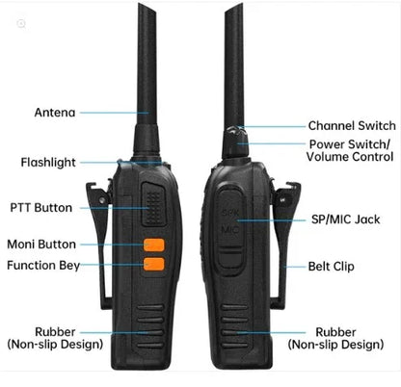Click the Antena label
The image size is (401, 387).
[x=55, y=113]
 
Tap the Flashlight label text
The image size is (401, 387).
[x=48, y=163]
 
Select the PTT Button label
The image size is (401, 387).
[x=42, y=206]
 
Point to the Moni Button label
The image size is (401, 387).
[x=41, y=245]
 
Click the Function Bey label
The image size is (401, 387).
[x=43, y=265]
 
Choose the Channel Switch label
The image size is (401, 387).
[x=352, y=125]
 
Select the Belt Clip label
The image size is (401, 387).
[x=334, y=266]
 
